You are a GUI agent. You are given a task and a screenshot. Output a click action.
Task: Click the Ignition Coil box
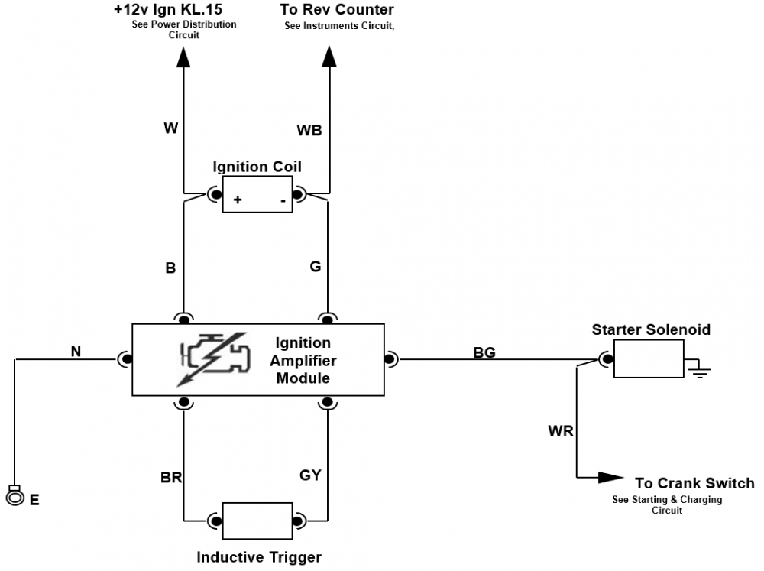[257, 194]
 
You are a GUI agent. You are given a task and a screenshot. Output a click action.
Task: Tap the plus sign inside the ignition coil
[238, 200]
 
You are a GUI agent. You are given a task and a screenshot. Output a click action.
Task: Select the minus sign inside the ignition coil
[282, 200]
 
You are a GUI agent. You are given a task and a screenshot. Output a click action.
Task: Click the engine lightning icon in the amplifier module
[215, 358]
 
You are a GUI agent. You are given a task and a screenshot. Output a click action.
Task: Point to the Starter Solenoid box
[649, 358]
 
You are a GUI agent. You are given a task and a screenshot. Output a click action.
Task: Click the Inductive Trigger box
[257, 521]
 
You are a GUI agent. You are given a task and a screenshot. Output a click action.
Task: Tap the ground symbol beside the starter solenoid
[698, 371]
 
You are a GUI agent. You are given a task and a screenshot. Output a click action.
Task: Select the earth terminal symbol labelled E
[15, 497]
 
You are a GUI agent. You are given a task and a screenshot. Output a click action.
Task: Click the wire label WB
[309, 131]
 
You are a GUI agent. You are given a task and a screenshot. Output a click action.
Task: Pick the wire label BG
[484, 352]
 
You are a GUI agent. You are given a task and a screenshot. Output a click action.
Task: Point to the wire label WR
[560, 431]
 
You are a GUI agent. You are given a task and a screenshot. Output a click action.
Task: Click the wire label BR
[171, 478]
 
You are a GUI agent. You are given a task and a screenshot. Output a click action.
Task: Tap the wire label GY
[310, 475]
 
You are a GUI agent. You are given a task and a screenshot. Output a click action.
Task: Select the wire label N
[76, 352]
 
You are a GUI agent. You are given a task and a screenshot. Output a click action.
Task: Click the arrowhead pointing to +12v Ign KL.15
[184, 57]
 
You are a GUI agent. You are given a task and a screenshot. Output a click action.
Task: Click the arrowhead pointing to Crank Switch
[610, 478]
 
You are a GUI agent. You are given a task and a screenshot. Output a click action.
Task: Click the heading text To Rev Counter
[337, 10]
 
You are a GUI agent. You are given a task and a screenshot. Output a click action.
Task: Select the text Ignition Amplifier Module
[303, 360]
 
